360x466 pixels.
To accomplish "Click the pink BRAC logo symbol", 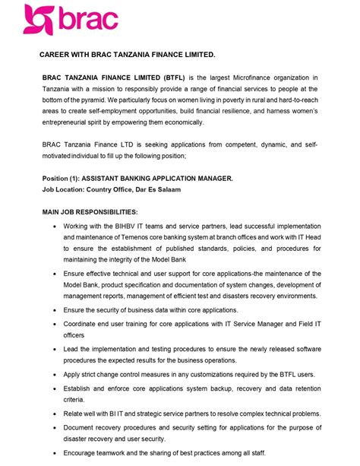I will tap(39, 19).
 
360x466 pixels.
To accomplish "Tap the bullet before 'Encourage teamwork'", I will tap(53, 452).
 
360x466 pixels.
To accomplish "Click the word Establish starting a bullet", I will tap(82, 388).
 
